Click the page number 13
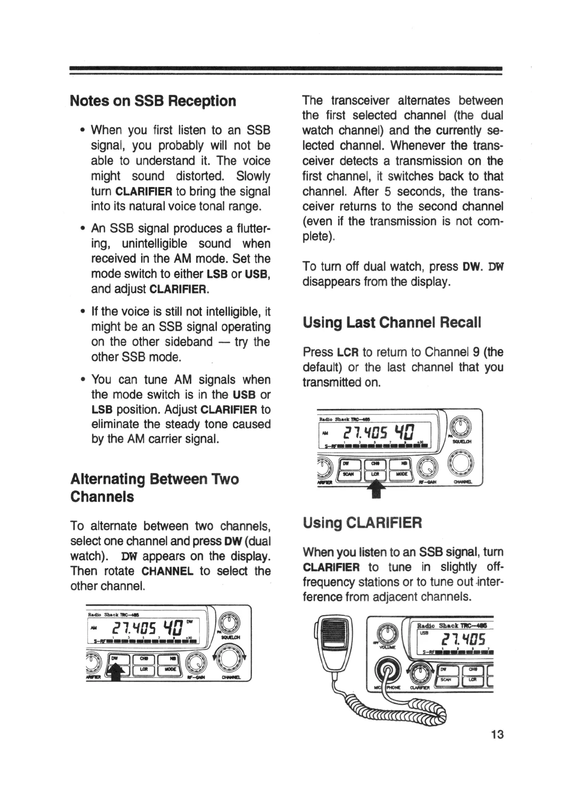tap(497, 735)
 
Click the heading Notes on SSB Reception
tap(153, 101)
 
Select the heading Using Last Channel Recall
tap(392, 323)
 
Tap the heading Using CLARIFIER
tap(362, 523)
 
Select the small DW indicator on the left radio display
tap(190, 622)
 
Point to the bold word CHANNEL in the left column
tap(168, 571)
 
